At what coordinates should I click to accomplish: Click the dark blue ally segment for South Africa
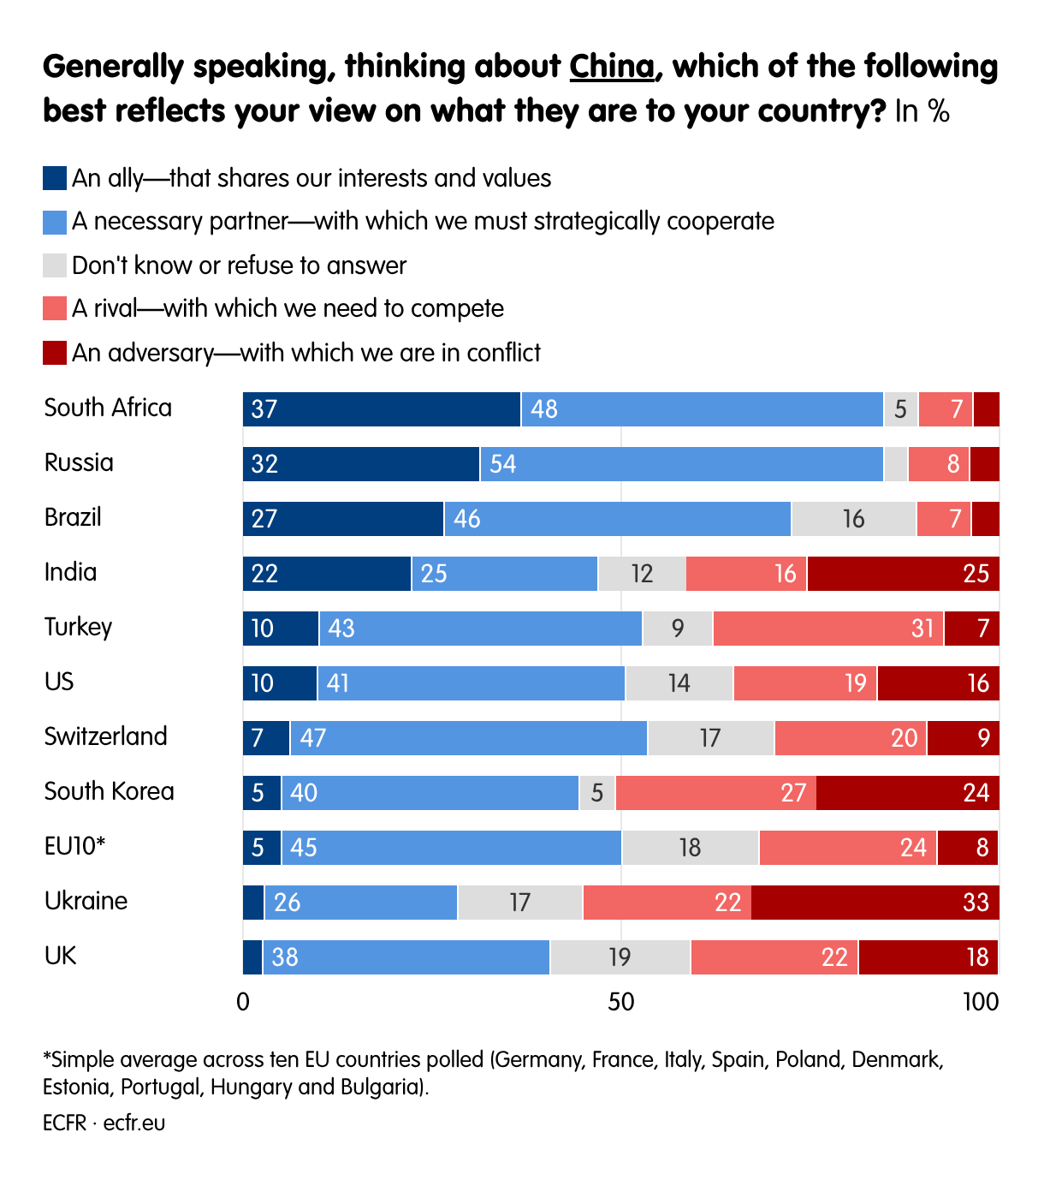click(382, 409)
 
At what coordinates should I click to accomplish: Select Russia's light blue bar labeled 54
click(681, 464)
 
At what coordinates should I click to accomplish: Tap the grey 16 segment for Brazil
click(853, 519)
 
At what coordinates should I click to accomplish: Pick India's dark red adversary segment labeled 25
click(903, 574)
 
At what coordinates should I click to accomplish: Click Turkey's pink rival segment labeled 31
click(827, 629)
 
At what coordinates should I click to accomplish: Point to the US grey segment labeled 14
click(679, 683)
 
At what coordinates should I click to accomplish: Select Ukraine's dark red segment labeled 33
click(875, 903)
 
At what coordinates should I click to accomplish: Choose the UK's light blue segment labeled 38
click(406, 957)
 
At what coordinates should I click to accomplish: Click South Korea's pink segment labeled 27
click(715, 793)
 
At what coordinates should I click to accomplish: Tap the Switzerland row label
click(106, 736)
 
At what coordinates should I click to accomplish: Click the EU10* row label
click(74, 846)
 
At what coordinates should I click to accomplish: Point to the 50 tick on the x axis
click(621, 1002)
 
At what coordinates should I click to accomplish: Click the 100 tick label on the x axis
click(981, 1002)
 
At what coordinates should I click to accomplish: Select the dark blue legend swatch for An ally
click(55, 178)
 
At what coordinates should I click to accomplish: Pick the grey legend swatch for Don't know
click(55, 265)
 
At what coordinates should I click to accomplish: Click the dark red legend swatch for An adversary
click(55, 353)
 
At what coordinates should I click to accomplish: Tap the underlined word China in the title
click(612, 67)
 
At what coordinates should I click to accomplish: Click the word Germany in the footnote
click(538, 1060)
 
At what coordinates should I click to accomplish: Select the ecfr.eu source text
click(134, 1123)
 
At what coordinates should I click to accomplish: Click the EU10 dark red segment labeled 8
click(967, 848)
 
